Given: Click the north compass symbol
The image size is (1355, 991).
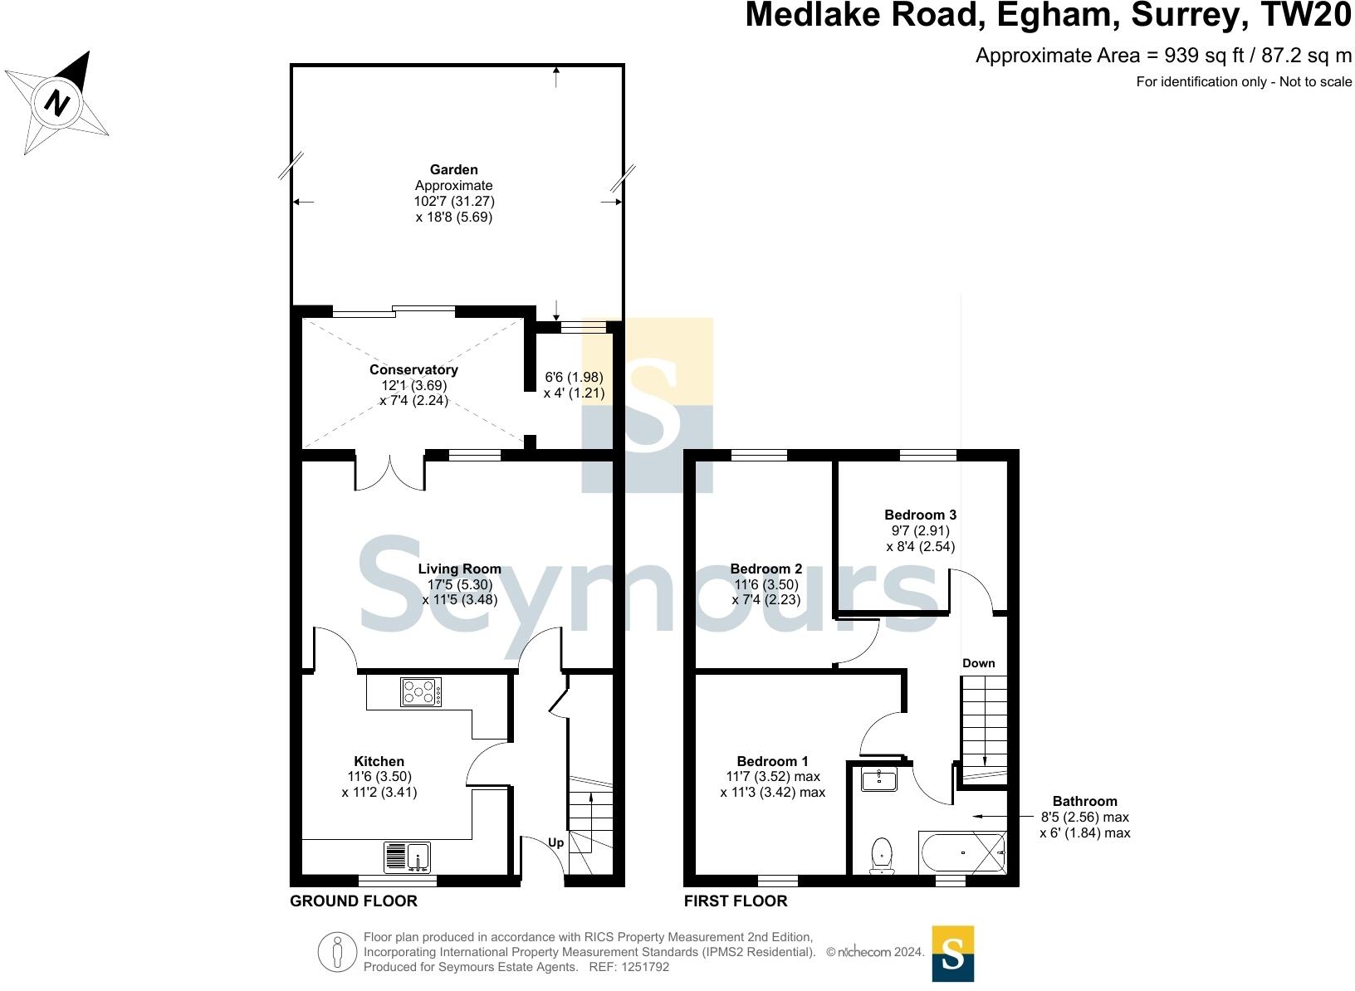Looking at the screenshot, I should click(x=56, y=103).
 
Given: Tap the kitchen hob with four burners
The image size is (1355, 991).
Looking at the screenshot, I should click(x=422, y=692).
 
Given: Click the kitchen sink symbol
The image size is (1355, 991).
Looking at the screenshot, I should click(x=408, y=856).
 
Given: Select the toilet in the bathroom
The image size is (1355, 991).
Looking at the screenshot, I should click(x=882, y=856).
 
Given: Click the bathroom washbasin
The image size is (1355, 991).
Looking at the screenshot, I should click(x=878, y=779).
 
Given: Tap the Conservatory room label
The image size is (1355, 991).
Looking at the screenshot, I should click(x=413, y=370).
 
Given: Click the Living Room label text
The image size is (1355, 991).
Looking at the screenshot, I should click(x=459, y=569).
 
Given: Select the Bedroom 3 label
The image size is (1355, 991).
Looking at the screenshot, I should click(x=920, y=515).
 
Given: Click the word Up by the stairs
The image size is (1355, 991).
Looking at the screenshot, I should click(x=555, y=842).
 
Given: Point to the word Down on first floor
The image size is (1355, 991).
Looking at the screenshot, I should click(x=978, y=663).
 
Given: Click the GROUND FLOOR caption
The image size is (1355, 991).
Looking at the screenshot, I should click(x=354, y=901).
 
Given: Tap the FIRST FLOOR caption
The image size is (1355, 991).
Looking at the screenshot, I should click(x=736, y=901).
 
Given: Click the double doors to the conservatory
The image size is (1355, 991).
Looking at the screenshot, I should click(x=389, y=471).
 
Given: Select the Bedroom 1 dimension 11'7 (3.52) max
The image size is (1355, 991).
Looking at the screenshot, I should click(x=772, y=777).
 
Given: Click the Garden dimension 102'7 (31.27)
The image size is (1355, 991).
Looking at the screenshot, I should click(x=454, y=202).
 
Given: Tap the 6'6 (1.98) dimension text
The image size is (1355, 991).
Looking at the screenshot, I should click(x=574, y=377).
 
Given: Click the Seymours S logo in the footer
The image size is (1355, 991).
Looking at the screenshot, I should click(x=952, y=954).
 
